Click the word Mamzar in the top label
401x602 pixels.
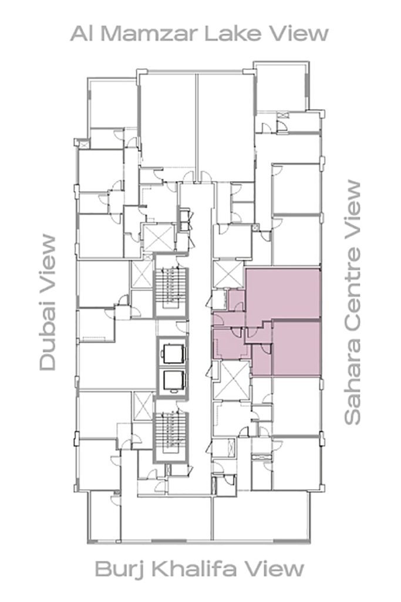tap(150, 34)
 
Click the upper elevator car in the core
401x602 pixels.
tap(172, 353)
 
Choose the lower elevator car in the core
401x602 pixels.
tap(172, 381)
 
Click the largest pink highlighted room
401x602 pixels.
tap(282, 293)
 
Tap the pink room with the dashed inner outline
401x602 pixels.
tap(229, 344)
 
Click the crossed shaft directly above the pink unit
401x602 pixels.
tap(228, 274)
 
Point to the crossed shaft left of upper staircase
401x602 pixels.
tap(142, 274)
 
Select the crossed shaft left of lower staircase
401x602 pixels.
tap(142, 407)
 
